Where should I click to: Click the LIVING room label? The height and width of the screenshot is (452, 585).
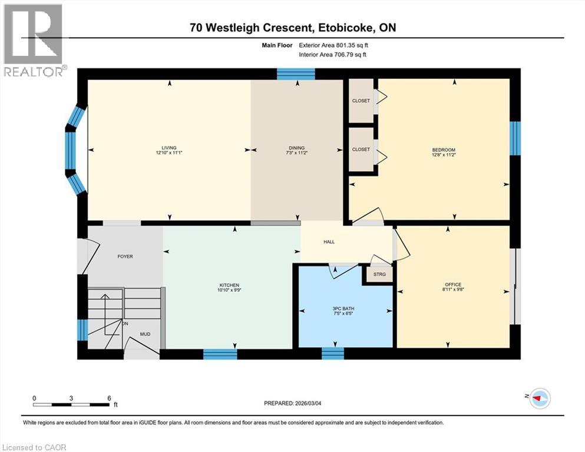click(x=170, y=148)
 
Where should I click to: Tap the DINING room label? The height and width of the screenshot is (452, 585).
click(x=296, y=148)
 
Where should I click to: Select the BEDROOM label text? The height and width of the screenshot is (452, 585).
click(x=444, y=150)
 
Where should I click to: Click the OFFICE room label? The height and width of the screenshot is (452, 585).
click(x=453, y=285)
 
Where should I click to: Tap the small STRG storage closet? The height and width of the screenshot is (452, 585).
click(x=378, y=274)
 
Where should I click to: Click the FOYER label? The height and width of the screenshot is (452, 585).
click(x=125, y=257)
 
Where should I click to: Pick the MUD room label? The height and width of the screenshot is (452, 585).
click(x=144, y=334)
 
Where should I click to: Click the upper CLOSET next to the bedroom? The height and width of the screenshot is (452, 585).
click(x=361, y=101)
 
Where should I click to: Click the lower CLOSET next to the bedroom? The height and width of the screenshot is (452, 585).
click(x=361, y=149)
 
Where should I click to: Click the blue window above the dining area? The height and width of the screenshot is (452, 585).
click(x=296, y=74)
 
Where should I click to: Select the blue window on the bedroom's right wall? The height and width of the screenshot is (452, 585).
click(x=515, y=138)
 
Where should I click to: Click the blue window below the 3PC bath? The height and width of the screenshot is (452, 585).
click(x=333, y=353)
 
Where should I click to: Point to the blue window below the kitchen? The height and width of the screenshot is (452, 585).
click(x=220, y=354)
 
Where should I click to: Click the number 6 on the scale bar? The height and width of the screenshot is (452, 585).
click(x=109, y=398)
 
